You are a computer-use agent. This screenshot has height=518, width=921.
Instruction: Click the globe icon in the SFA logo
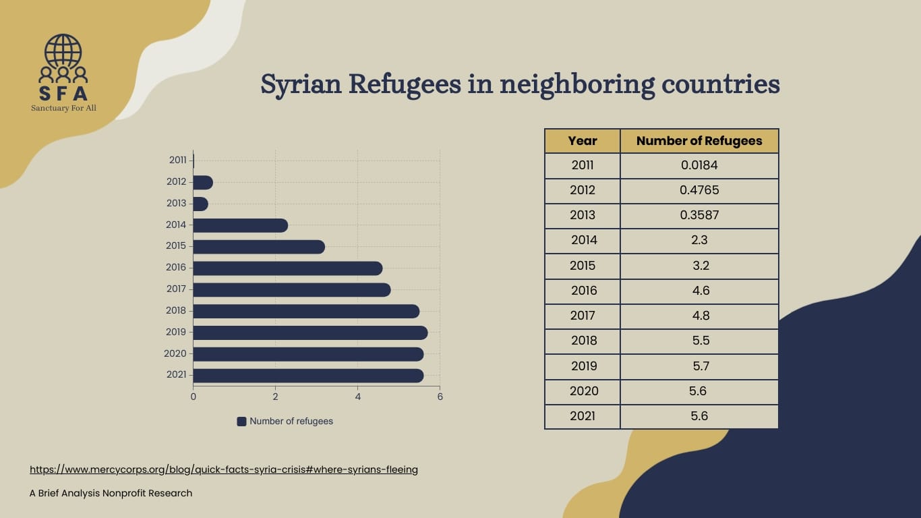pos(63,51)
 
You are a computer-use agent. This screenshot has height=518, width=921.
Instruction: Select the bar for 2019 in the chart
pos(309,333)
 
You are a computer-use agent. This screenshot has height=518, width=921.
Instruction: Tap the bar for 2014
pos(240,225)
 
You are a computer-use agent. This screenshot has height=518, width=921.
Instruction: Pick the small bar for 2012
pos(202,183)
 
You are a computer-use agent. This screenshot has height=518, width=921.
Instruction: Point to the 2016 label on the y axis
pos(176,268)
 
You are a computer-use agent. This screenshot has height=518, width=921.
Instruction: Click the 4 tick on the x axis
pos(357,397)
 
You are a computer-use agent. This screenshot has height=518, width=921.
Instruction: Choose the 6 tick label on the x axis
pos(440,397)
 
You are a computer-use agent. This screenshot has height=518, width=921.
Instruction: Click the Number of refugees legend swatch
pos(241,422)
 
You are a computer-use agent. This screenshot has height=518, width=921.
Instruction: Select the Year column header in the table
pos(583,141)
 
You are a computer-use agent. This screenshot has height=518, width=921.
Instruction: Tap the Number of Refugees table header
pos(699,141)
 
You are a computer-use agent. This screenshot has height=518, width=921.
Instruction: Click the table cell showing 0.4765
pos(699,190)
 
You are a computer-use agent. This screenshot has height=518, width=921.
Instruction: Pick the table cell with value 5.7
pos(700,366)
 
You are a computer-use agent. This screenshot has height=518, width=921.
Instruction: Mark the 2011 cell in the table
pos(583,165)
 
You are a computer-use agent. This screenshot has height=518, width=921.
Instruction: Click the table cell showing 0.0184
pos(699,165)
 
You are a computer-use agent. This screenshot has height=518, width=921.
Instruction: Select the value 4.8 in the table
pos(700,316)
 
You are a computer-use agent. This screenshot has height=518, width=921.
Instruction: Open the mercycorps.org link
pos(224,469)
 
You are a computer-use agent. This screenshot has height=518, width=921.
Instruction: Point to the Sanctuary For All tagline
pos(63,108)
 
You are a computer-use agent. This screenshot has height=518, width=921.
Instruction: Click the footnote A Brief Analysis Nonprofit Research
pos(111,493)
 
